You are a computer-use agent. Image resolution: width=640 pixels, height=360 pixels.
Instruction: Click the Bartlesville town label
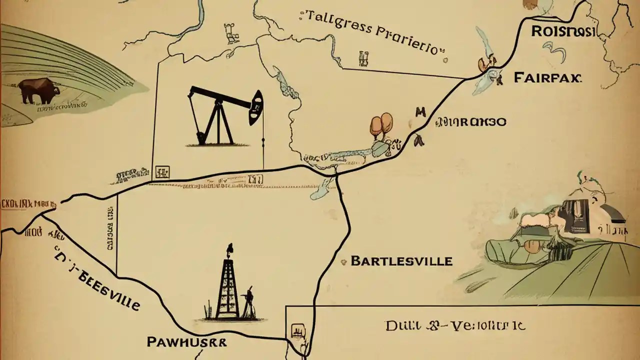click(x=401, y=261)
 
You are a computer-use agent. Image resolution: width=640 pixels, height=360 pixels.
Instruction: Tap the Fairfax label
click(x=547, y=77)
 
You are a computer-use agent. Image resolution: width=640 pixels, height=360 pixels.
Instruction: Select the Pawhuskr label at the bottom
click(x=186, y=342)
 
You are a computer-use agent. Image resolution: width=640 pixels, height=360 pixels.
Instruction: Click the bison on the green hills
click(x=39, y=90)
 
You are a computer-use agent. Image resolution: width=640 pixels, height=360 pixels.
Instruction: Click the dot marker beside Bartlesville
click(x=343, y=261)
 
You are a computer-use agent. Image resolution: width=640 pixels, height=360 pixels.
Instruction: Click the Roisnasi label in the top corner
click(x=562, y=31)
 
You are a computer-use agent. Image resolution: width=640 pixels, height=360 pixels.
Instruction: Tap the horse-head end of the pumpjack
click(x=256, y=107)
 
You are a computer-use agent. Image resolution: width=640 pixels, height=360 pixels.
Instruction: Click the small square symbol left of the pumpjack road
click(x=162, y=172)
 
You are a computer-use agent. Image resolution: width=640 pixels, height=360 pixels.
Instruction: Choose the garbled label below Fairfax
click(x=471, y=121)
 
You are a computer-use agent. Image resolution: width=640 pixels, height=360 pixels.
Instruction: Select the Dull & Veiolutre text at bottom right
click(x=455, y=326)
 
